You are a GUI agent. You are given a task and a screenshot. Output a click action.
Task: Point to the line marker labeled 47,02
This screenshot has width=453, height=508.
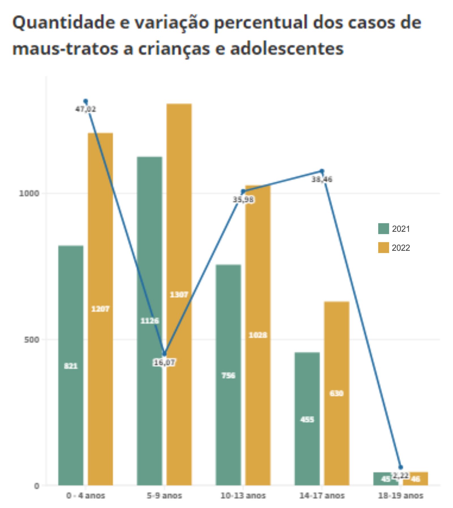point(86,101)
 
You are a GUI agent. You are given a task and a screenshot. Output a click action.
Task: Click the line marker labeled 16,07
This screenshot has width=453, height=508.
point(164,354)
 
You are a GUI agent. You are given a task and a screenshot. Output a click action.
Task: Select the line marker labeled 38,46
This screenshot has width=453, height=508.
point(322,171)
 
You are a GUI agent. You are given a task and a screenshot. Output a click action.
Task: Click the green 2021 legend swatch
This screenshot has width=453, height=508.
point(383,229)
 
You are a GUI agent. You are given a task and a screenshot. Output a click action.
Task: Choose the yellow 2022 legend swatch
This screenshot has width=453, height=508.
point(383,248)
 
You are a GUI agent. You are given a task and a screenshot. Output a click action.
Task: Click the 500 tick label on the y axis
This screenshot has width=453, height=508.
point(31,339)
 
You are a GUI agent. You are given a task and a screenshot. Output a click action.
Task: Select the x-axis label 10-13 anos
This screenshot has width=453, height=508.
point(243,496)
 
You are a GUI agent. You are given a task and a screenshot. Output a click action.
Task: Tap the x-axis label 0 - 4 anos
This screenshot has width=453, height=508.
point(86,496)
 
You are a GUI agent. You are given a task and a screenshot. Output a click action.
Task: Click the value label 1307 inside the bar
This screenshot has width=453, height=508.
point(179,295)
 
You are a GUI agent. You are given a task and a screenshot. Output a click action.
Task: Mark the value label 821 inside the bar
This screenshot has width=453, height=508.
point(71,366)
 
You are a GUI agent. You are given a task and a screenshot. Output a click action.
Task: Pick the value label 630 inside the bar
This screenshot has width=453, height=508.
point(337,393)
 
